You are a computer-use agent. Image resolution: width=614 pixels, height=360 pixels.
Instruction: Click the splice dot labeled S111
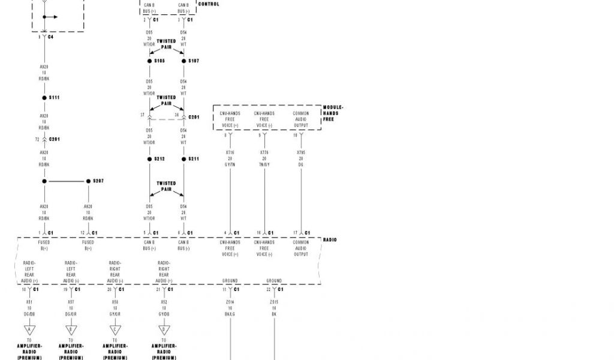coord(44,97)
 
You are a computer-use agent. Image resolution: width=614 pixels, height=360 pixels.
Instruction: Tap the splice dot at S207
coord(88,181)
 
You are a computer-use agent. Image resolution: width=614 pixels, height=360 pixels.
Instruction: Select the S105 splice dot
coord(150,61)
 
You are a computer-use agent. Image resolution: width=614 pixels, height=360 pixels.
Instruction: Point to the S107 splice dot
coord(184,61)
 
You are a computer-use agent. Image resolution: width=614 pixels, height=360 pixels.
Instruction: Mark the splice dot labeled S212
coord(150,159)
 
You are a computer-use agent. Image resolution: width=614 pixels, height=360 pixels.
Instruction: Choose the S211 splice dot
coord(184,159)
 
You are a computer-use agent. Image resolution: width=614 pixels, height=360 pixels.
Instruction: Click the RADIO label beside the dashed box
coord(330,239)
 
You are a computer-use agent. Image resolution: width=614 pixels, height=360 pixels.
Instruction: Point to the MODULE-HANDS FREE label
coord(333,113)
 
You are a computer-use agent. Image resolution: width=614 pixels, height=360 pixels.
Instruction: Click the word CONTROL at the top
coord(208,4)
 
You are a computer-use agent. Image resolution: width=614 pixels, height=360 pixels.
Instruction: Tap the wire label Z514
coord(230,302)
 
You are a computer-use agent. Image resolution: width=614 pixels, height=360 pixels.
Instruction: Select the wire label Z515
coord(274,302)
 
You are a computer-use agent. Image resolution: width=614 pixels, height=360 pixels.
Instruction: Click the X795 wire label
coord(301,152)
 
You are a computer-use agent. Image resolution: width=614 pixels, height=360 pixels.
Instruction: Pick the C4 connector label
coord(50,37)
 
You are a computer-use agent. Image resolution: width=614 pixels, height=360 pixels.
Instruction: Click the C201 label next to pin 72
coord(54,139)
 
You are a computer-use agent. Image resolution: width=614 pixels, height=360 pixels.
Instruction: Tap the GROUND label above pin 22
coord(274,281)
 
